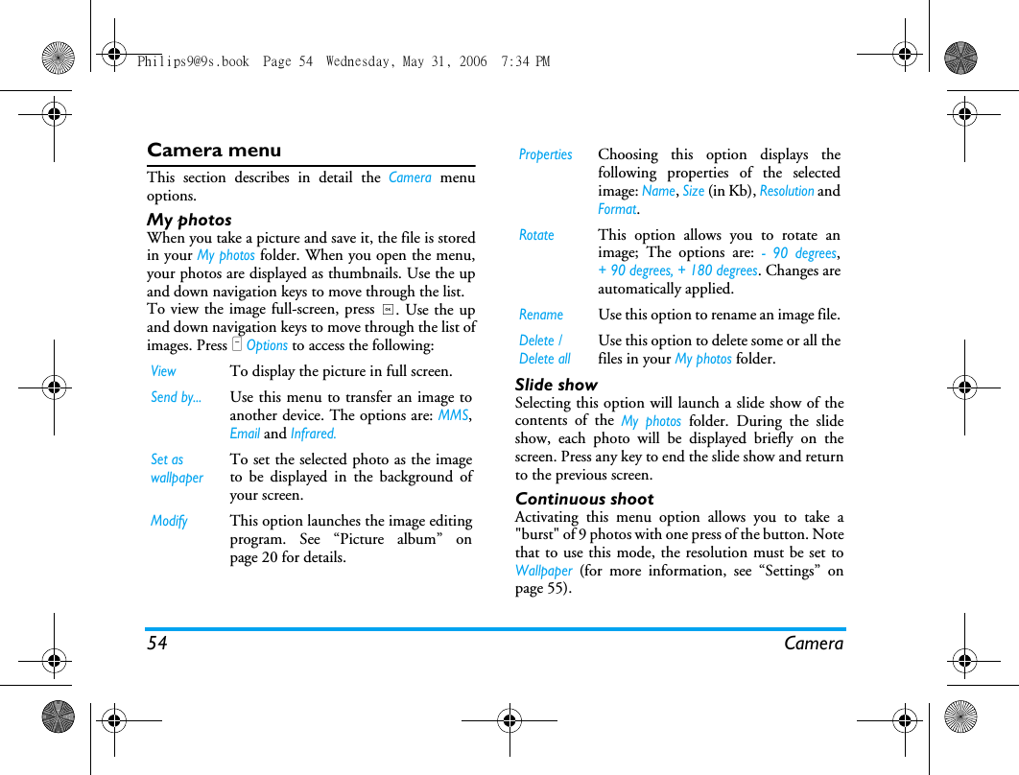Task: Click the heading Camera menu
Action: click(214, 151)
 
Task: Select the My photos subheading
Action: click(189, 220)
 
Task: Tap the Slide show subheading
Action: click(557, 385)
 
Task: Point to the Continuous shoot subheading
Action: click(584, 499)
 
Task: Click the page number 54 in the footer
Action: click(157, 644)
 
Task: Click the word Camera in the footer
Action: click(814, 644)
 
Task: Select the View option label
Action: click(164, 371)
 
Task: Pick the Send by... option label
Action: click(177, 397)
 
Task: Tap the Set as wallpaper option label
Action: click(177, 468)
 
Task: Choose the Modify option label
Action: click(169, 521)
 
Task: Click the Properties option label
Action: click(545, 154)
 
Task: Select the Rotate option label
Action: click(536, 235)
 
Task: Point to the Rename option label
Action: click(541, 315)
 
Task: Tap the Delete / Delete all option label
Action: click(544, 349)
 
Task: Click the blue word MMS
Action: click(454, 415)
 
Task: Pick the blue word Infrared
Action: click(313, 434)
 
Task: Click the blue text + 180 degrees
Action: click(718, 270)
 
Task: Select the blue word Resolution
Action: click(787, 191)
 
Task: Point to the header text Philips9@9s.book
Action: click(193, 61)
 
